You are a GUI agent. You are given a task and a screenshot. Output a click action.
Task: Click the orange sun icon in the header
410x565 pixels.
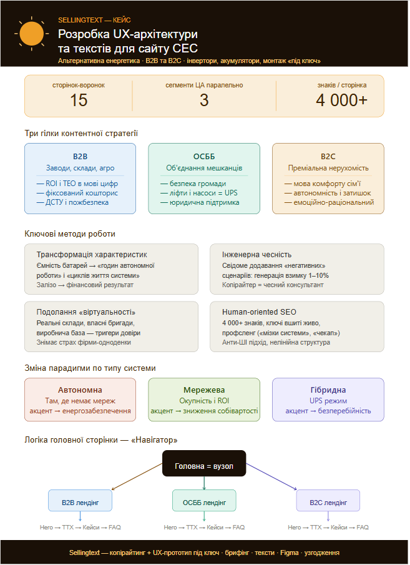(x=32, y=34)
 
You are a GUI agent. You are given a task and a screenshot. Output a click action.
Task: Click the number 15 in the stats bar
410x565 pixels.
(x=79, y=100)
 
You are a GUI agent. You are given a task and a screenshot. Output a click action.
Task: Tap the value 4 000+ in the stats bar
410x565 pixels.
(x=341, y=100)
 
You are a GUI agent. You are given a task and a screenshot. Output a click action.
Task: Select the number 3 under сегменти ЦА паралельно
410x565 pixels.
(x=204, y=100)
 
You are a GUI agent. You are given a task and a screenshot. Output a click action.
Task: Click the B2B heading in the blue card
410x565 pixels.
(x=80, y=156)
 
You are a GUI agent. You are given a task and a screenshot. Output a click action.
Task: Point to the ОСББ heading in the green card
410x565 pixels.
(x=204, y=156)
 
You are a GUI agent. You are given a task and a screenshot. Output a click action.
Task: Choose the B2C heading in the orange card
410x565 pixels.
(x=328, y=156)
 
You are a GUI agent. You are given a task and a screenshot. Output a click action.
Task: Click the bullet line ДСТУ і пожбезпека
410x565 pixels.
(x=72, y=202)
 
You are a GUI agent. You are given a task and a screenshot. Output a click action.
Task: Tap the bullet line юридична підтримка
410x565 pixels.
(x=200, y=202)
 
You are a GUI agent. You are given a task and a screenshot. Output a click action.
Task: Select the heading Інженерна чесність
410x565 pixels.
(x=257, y=254)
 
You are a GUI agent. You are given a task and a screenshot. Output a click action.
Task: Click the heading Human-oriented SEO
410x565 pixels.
(x=259, y=312)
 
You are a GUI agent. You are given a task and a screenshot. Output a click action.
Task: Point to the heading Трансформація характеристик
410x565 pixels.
(x=92, y=254)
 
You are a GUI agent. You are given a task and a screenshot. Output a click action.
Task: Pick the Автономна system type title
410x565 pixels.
(x=80, y=390)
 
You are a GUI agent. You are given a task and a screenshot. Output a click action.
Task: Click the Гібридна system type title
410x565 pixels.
(x=328, y=390)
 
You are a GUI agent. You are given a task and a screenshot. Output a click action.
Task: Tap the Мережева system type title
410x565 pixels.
(x=204, y=390)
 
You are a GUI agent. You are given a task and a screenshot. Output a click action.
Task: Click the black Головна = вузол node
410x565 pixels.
(x=204, y=463)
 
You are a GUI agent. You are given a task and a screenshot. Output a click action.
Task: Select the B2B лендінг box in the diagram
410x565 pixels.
(x=80, y=501)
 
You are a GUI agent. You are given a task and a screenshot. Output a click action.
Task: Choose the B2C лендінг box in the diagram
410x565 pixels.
(x=328, y=501)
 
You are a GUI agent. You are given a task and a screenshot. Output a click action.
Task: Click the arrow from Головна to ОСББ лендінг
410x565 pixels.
(x=204, y=483)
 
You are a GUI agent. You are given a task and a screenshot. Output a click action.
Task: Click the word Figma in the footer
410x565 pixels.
(x=290, y=553)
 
